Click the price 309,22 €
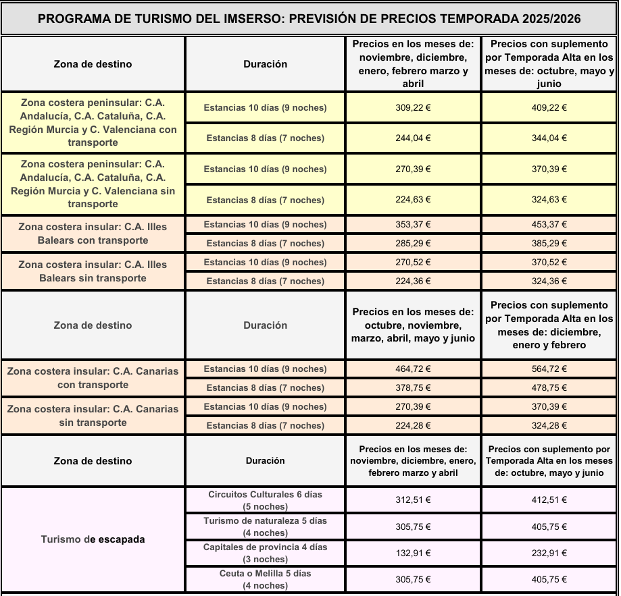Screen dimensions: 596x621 (x=413, y=107)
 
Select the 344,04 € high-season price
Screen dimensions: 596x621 (x=549, y=138)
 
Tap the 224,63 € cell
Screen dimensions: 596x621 (x=413, y=200)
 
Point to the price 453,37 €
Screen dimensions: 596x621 (x=549, y=225)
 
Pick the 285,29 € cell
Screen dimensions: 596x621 (x=413, y=244)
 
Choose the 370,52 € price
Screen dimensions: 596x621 (x=549, y=263)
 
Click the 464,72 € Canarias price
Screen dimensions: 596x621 (x=413, y=369)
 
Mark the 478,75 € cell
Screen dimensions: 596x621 (x=549, y=388)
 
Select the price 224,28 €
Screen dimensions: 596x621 (x=413, y=426)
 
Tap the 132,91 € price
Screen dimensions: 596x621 (x=413, y=553)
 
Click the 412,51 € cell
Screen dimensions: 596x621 (x=549, y=501)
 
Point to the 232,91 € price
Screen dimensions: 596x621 (x=549, y=553)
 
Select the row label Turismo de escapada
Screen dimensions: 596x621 (x=93, y=539)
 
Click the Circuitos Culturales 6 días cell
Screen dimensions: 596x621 (x=265, y=500)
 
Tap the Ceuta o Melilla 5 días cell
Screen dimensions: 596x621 (x=265, y=579)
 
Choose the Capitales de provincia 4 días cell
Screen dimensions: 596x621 (x=265, y=553)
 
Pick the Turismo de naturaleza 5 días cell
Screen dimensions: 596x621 (x=265, y=526)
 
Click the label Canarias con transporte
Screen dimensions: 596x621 (x=93, y=378)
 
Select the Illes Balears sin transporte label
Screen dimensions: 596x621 (x=93, y=271)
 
